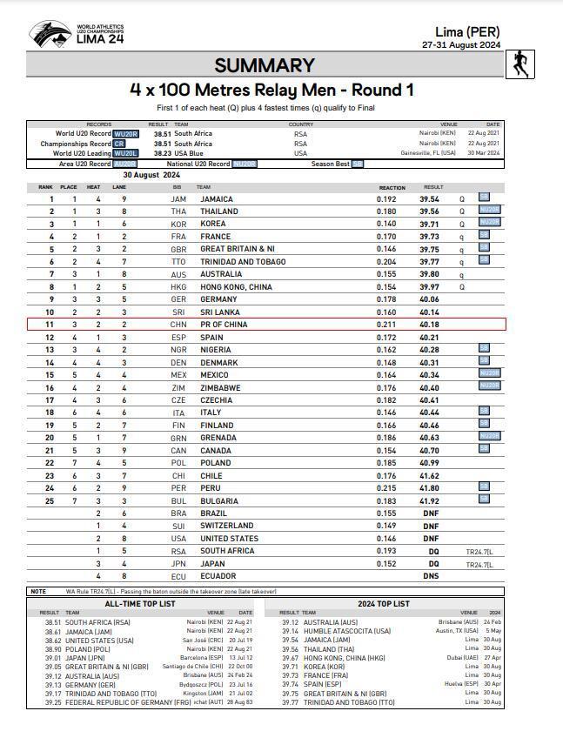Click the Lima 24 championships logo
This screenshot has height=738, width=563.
tap(77, 35)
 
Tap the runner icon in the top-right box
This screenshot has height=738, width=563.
tap(519, 64)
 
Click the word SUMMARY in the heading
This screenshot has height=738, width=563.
tap(265, 65)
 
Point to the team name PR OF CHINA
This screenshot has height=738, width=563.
tap(224, 325)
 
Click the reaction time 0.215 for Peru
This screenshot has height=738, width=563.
tap(386, 488)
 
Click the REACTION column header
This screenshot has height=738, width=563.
tap(392, 187)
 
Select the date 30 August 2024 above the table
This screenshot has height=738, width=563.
tap(152, 175)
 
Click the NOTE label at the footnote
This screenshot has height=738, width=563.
tap(38, 592)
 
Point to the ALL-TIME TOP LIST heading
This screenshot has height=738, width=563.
tap(139, 603)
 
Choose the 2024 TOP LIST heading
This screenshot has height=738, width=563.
tap(383, 603)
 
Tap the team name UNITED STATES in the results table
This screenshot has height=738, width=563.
tap(229, 538)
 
